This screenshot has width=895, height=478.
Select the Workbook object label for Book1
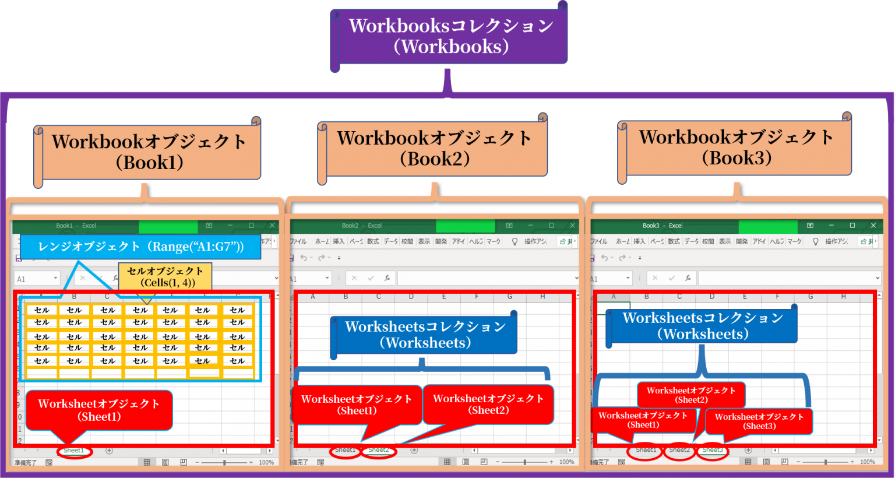coord(149,152)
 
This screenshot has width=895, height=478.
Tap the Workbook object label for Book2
coord(434,148)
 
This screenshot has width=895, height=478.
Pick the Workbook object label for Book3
coord(737,147)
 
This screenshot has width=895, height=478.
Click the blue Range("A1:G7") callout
coord(140,247)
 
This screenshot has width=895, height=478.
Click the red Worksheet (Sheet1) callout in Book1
coord(99,410)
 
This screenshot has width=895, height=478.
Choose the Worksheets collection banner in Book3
coord(703,326)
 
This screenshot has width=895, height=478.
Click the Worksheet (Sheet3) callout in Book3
coord(759,421)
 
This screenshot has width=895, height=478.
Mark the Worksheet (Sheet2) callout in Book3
coord(691,395)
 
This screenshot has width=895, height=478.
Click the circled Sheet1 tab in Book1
coord(74,451)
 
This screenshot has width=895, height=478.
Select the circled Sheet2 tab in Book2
coord(379,450)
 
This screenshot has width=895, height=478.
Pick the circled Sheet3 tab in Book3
coord(713,450)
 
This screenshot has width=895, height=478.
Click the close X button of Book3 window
coord(873,226)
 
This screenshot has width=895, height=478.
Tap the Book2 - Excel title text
coord(361,226)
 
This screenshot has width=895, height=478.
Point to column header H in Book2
coord(542,297)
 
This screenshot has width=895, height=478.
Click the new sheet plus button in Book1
coord(109,451)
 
